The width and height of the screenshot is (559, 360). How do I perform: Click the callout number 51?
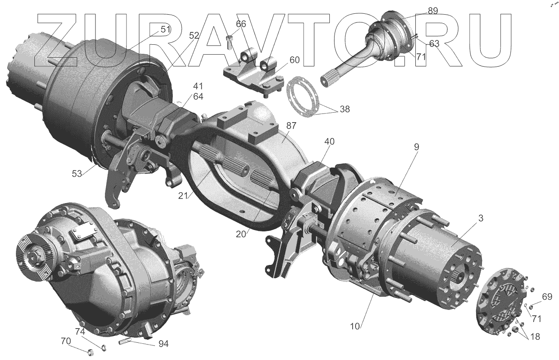[x=165, y=29]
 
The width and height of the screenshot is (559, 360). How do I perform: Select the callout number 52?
[x=194, y=36]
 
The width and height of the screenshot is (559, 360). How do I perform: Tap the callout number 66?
[x=241, y=24]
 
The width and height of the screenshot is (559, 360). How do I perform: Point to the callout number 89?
[x=433, y=11]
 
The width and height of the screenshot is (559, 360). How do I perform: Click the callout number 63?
[x=434, y=43]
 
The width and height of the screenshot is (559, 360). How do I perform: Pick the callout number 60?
[x=295, y=60]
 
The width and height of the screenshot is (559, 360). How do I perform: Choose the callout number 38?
[x=344, y=109]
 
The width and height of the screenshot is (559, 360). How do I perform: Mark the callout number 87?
[x=291, y=126]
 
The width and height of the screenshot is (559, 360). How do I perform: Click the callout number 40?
[x=329, y=142]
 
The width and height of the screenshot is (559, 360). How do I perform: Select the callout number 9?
[x=417, y=147]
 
